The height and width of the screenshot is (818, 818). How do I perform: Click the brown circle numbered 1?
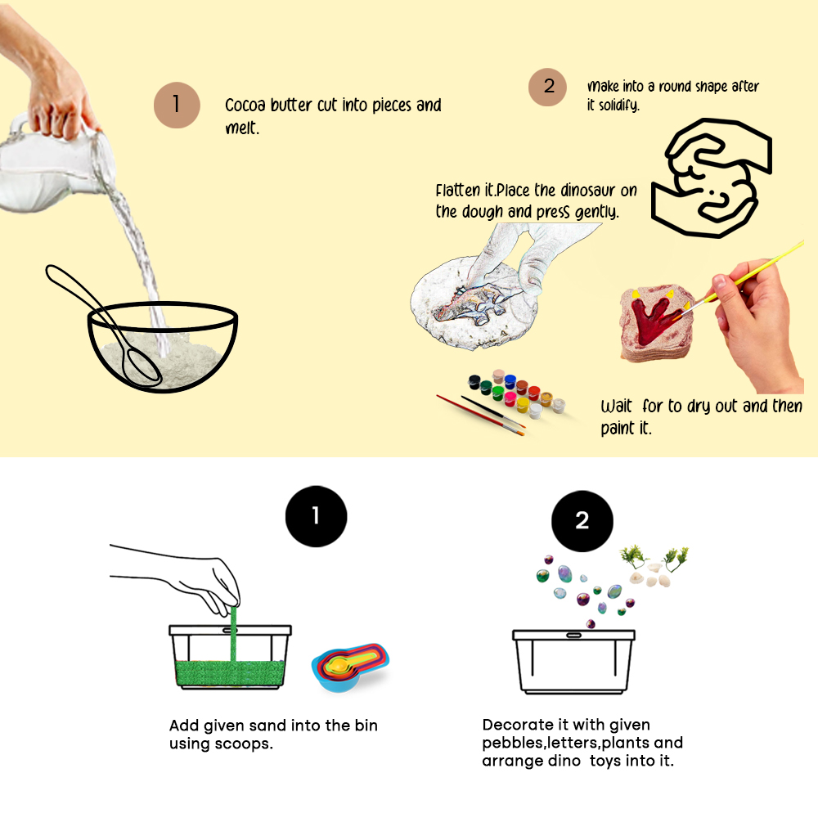[x=177, y=105]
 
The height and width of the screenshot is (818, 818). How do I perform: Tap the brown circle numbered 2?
[x=548, y=88]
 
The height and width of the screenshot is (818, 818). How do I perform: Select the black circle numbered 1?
[x=316, y=516]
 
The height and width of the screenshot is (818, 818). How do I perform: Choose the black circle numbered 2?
[x=582, y=520]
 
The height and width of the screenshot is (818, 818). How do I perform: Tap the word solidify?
[x=618, y=106]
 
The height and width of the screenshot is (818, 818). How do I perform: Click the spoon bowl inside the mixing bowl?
[x=142, y=366]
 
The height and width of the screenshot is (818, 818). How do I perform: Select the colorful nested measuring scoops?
[x=351, y=667]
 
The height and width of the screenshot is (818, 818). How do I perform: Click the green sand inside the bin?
[x=230, y=673]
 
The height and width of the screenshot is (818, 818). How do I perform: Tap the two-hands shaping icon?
[x=712, y=178]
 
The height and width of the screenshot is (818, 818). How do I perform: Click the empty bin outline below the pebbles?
[x=574, y=662]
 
